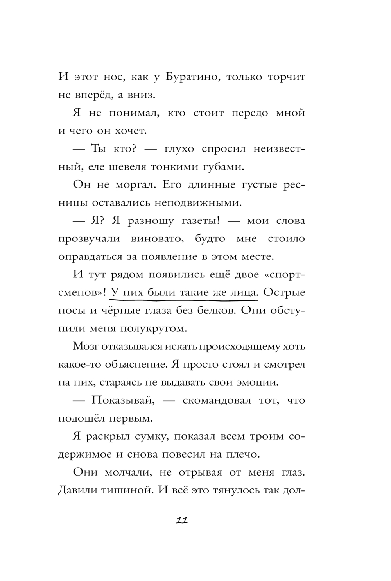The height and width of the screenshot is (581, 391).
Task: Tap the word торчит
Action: coord(286,77)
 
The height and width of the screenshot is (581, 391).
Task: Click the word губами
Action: coord(222,167)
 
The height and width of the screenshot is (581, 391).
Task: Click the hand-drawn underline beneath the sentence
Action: coord(184,300)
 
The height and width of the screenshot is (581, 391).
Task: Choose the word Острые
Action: coord(284,292)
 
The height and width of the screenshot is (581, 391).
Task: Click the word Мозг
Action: coord(85,346)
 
